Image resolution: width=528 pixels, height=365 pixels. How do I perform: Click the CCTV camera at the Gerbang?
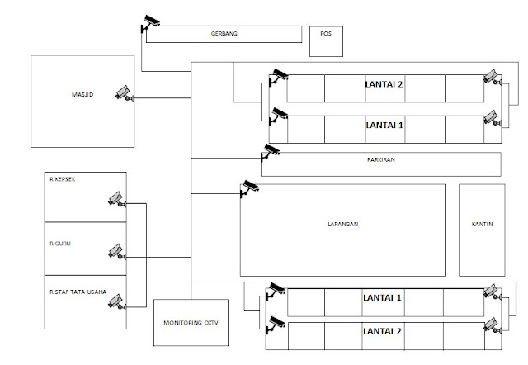(x=151, y=22)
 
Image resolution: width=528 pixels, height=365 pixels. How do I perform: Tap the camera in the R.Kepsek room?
(x=115, y=198)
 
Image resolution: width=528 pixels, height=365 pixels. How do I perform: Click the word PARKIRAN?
(x=382, y=159)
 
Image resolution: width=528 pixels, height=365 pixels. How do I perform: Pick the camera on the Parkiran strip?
(x=271, y=151)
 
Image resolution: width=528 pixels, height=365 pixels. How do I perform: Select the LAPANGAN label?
(x=342, y=224)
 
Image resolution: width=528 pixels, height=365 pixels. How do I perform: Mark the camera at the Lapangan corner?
(x=248, y=188)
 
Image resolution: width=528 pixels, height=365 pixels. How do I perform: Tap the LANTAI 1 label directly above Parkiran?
(x=384, y=124)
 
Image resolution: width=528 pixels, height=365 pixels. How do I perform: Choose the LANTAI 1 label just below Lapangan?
(x=382, y=297)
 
